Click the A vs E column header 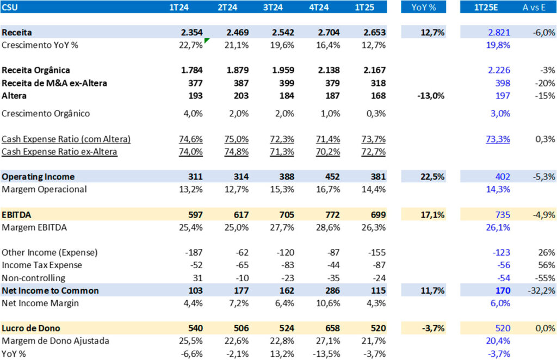(x=539, y=8)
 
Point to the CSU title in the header (x=10, y=8)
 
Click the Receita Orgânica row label (x=36, y=70)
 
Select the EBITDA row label (x=16, y=215)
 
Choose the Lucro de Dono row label (x=30, y=328)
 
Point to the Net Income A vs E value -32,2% (x=542, y=290)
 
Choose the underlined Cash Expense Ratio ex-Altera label (x=59, y=152)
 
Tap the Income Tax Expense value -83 (x=287, y=265)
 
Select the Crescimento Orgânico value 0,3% (x=375, y=114)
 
